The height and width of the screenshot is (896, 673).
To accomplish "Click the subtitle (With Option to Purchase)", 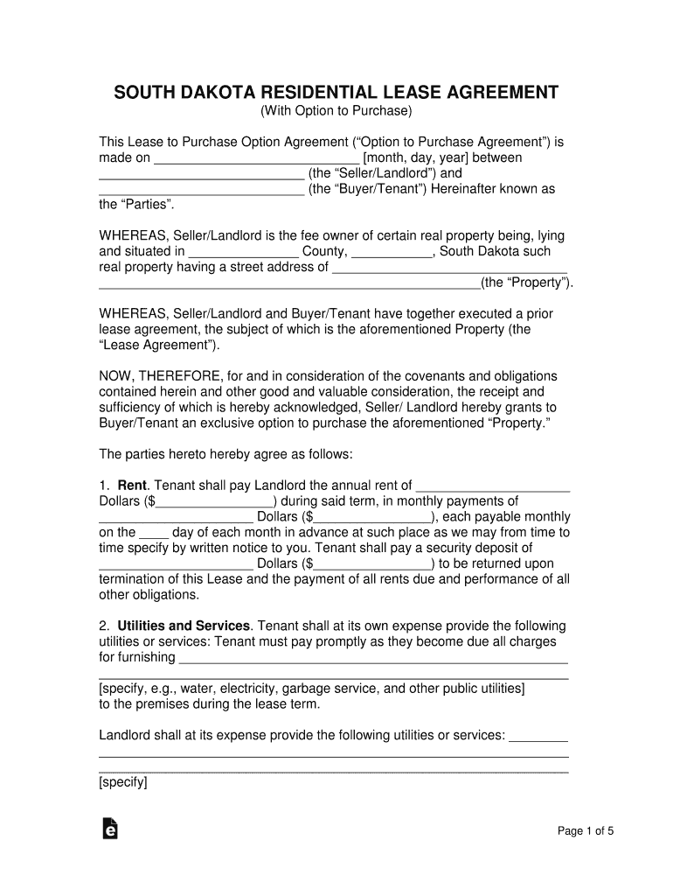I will click(x=336, y=111).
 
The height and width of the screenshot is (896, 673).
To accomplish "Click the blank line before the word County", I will click(x=244, y=252).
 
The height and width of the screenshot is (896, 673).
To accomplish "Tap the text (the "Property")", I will click(x=527, y=283).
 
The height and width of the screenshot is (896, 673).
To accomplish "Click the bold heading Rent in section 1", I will click(x=132, y=486).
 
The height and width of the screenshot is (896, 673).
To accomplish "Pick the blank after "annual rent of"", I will click(x=493, y=486).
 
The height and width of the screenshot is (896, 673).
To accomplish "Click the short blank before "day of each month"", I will click(x=154, y=532).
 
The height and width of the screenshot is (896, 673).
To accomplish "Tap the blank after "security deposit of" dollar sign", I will click(x=372, y=563).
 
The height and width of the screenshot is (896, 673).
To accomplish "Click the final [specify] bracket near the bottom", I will click(x=123, y=783).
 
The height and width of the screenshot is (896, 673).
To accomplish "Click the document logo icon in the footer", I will click(x=110, y=829).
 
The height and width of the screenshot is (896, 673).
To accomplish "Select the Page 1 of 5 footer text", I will click(x=586, y=831).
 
